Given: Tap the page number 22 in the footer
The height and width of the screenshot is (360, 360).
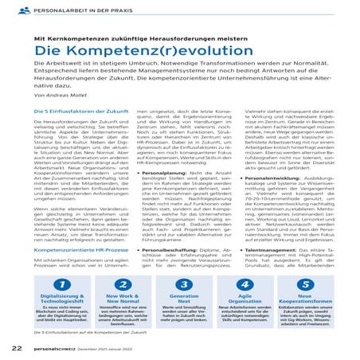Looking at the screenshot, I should point(17,348).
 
